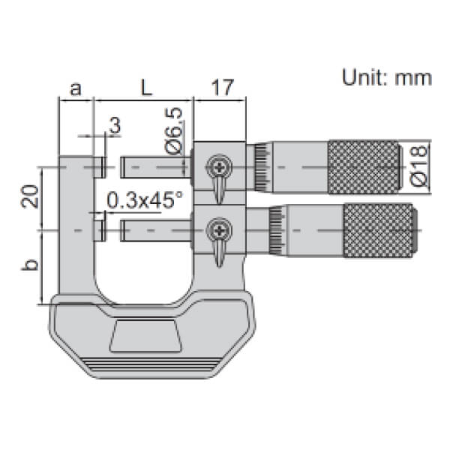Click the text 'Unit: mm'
[387, 79]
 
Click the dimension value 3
[114, 125]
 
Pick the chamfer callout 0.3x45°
[145, 199]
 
